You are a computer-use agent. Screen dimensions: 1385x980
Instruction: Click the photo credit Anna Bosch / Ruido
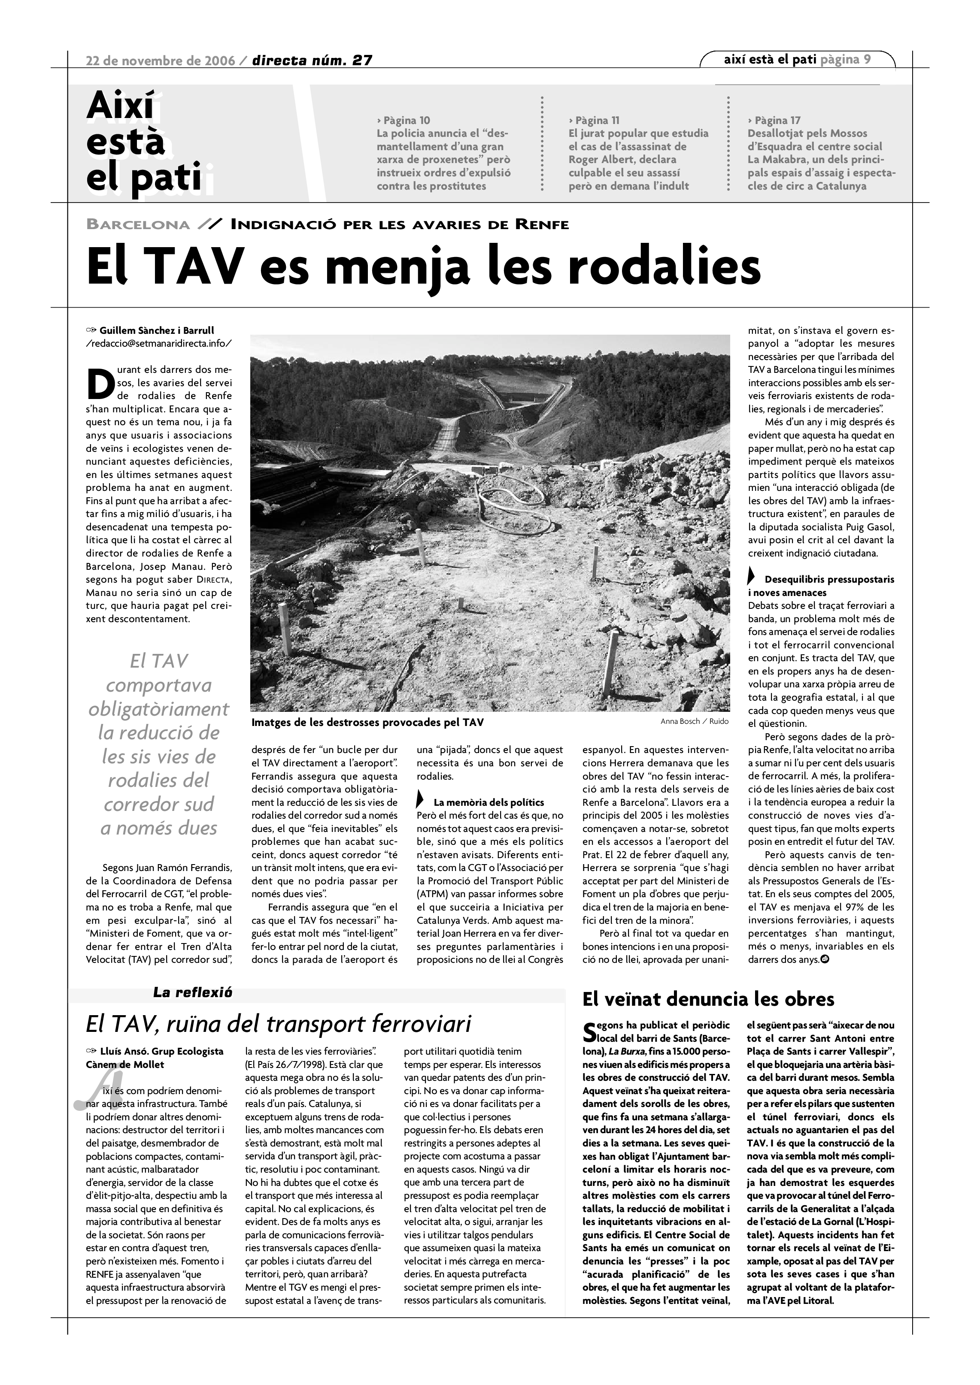[x=694, y=721]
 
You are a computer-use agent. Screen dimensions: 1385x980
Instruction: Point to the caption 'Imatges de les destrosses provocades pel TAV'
[x=367, y=722]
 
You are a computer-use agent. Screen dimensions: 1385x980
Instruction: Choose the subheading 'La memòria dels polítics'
[x=489, y=802]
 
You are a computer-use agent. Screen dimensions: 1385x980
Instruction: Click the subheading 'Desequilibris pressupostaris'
[x=829, y=580]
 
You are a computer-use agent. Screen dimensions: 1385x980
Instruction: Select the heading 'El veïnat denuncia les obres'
[x=708, y=1000]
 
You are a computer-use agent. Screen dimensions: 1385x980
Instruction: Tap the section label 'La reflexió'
[x=192, y=992]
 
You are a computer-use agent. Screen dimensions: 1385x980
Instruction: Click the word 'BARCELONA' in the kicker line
[x=138, y=225]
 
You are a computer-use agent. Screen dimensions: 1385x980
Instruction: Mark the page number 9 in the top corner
[x=867, y=59]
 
